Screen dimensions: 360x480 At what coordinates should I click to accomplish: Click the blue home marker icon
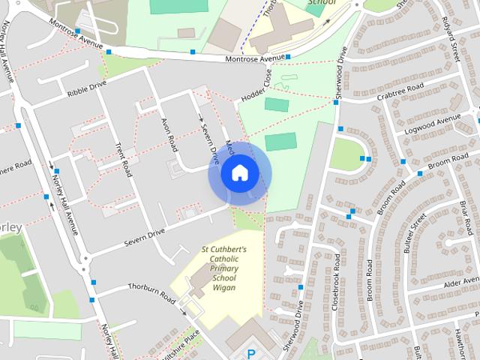point(239,173)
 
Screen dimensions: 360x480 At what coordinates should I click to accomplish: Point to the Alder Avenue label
point(460,284)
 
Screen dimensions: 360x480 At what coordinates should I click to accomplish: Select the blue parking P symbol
point(252,353)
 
